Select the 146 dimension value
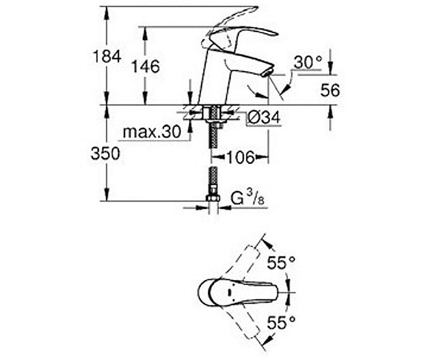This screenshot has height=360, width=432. click(x=146, y=67)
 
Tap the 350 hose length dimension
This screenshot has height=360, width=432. click(x=105, y=153)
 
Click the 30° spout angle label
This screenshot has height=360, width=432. click(x=308, y=64)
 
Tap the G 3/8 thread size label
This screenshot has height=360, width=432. click(x=248, y=199)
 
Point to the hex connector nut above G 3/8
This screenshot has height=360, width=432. click(x=213, y=198)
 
